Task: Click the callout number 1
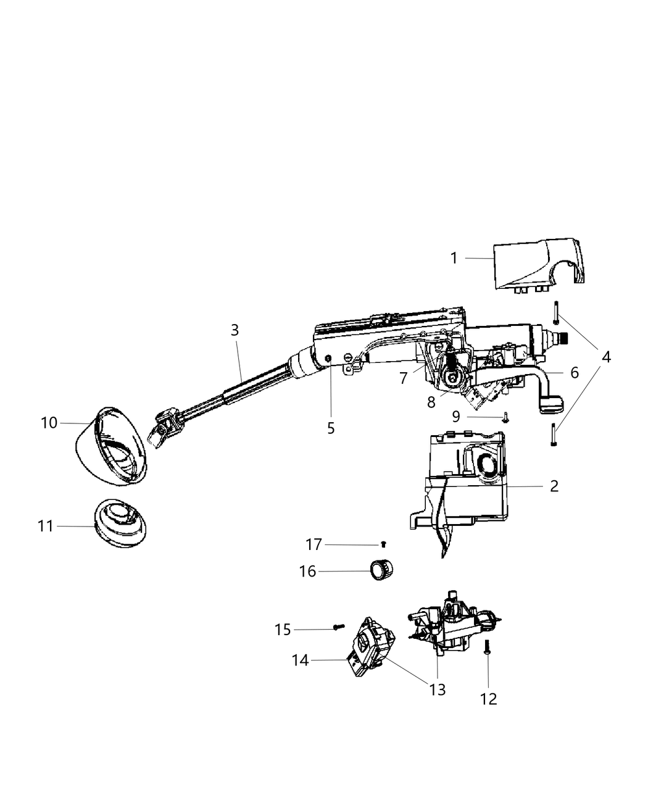point(454,258)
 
